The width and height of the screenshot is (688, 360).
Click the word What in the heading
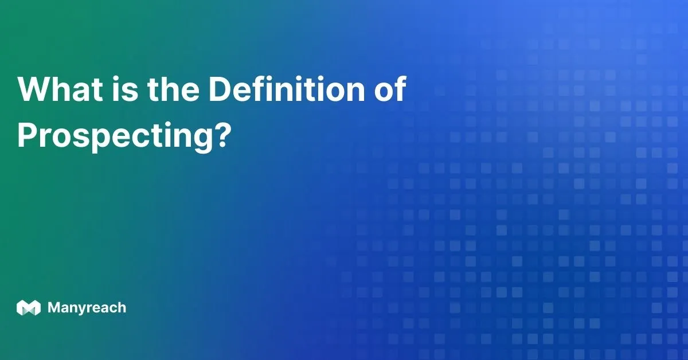(60, 88)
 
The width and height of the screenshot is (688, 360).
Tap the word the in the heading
(173, 88)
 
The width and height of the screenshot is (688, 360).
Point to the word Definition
(287, 88)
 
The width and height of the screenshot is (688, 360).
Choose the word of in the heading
(390, 88)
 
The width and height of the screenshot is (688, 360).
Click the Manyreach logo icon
(29, 307)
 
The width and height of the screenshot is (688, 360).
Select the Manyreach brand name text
(87, 308)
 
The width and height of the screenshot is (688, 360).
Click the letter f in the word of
(400, 88)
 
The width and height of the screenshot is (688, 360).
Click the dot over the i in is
(116, 79)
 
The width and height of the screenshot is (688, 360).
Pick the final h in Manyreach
(122, 307)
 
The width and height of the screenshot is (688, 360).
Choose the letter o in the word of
(384, 92)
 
